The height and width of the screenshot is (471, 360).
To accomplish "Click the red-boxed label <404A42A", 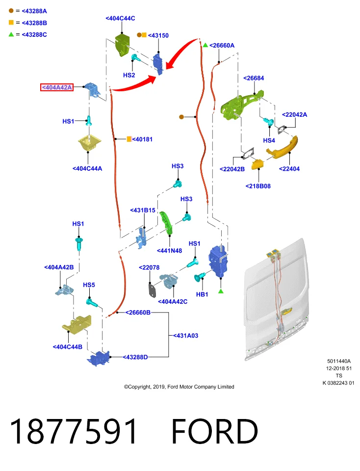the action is point(57,87).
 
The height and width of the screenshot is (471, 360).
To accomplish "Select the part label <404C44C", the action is point(120,18).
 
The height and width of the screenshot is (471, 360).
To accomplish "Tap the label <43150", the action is point(158,35).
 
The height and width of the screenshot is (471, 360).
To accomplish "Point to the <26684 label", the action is point(254,78).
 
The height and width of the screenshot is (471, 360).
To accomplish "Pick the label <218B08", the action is point(258,186).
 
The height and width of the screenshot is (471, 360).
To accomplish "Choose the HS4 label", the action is point(269,140).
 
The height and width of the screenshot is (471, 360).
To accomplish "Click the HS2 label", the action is point(129,75).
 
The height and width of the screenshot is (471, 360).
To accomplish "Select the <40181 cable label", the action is point(142,139).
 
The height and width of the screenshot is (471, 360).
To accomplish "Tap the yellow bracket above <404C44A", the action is point(89,144).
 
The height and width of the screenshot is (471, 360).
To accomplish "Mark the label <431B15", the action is point(143,210).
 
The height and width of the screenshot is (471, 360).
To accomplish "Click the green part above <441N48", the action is point(166,223).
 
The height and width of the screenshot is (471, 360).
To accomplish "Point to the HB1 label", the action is point(202,294).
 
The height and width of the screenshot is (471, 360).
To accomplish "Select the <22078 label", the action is point(149,268).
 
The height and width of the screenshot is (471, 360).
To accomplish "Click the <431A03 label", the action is point(185,336).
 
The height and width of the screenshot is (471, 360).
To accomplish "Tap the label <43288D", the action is point(135,357).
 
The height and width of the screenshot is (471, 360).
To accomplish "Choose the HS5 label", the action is point(89,285).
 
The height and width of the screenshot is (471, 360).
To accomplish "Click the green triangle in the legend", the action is point(11,34).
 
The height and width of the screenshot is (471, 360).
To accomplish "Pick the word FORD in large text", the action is point(214,431).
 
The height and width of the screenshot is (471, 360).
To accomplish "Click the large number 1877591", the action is point(74,431).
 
